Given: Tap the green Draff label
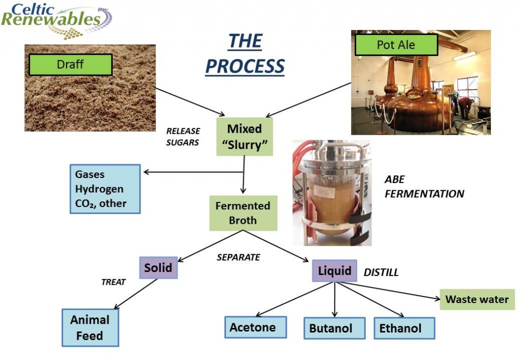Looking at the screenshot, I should point(70,65).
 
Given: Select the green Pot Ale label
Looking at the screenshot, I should point(396,45).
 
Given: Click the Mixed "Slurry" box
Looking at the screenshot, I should point(245,136).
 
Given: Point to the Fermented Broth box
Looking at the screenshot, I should point(243,213).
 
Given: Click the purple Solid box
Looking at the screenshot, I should point(158,267).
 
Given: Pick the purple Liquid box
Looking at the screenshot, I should point(334,271).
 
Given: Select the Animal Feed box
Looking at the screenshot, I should point(90,327).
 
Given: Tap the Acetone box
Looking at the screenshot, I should point(255,327).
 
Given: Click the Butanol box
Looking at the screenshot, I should point(334,328).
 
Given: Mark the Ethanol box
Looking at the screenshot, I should point(404,328).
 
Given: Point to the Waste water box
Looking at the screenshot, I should point(477,299).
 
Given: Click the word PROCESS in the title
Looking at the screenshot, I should point(245,66).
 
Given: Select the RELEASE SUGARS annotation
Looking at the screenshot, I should point(183,137).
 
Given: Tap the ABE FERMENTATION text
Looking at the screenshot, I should point(424,187).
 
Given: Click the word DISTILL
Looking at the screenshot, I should point(381,273).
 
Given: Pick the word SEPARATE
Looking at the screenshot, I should point(238,257).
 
